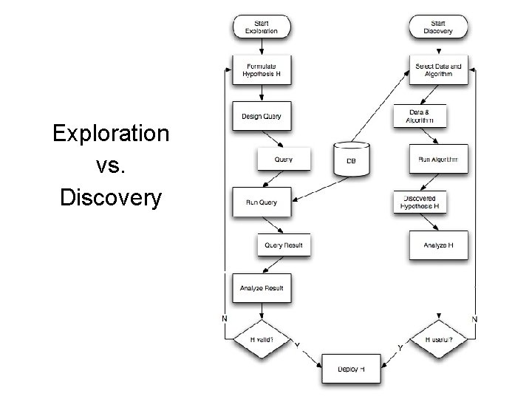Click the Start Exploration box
pyautogui.click(x=262, y=27)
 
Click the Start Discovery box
pyautogui.click(x=438, y=27)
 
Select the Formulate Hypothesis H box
pyautogui.click(x=262, y=70)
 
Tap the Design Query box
pyautogui.click(x=262, y=116)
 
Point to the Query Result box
pyautogui.click(x=284, y=245)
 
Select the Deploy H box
pyautogui.click(x=351, y=369)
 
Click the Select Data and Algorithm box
pyautogui.click(x=438, y=70)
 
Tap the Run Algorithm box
pyautogui.click(x=438, y=158)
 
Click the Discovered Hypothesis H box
pyautogui.click(x=419, y=202)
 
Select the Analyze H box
pyautogui.click(x=438, y=245)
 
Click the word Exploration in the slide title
pyautogui.click(x=112, y=134)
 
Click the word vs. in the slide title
pyautogui.click(x=111, y=166)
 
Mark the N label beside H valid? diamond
pyautogui.click(x=225, y=318)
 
